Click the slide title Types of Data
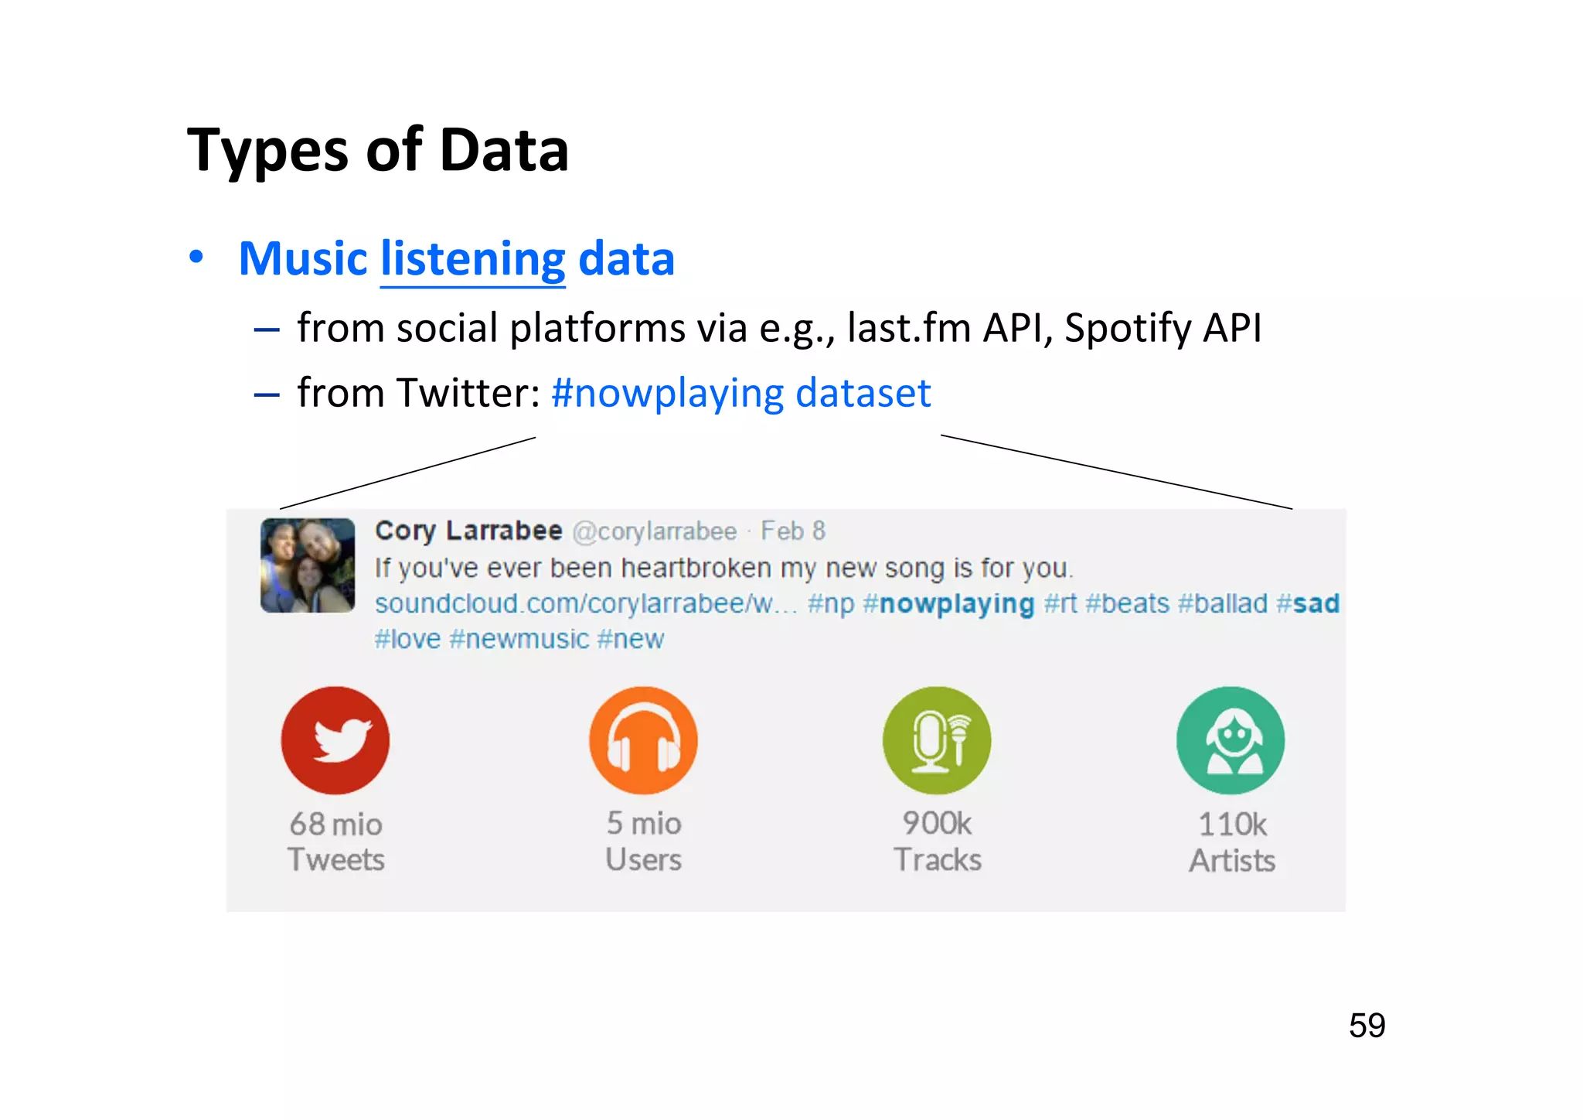[378, 150]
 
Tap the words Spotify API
[1163, 328]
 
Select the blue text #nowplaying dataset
[740, 393]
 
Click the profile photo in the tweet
[308, 565]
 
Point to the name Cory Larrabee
[468, 531]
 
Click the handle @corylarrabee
[655, 531]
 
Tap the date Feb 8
[793, 531]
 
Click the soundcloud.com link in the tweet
[585, 603]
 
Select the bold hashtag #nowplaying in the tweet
[948, 603]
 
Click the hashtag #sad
[1308, 603]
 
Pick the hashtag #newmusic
[519, 639]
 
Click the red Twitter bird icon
[335, 740]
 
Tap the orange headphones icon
[643, 740]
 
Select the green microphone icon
[937, 740]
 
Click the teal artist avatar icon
[1231, 740]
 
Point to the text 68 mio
[335, 825]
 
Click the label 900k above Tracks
[937, 824]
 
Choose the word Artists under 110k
[1232, 861]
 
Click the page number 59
[1367, 1026]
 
